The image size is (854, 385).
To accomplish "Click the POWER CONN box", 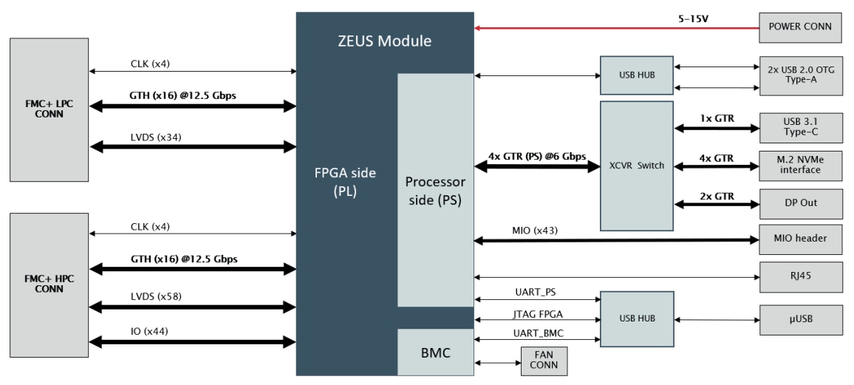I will click(x=801, y=27).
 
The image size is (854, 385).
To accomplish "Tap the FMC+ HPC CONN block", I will click(x=48, y=284).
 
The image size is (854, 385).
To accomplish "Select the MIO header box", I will click(x=801, y=239).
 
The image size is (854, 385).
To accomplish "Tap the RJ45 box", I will click(x=801, y=277).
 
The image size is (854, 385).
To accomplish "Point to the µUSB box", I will click(x=801, y=320).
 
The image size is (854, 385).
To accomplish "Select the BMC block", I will click(x=434, y=353).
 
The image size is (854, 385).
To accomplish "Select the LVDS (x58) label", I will click(x=153, y=296).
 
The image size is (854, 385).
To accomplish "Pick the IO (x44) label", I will click(x=148, y=332).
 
